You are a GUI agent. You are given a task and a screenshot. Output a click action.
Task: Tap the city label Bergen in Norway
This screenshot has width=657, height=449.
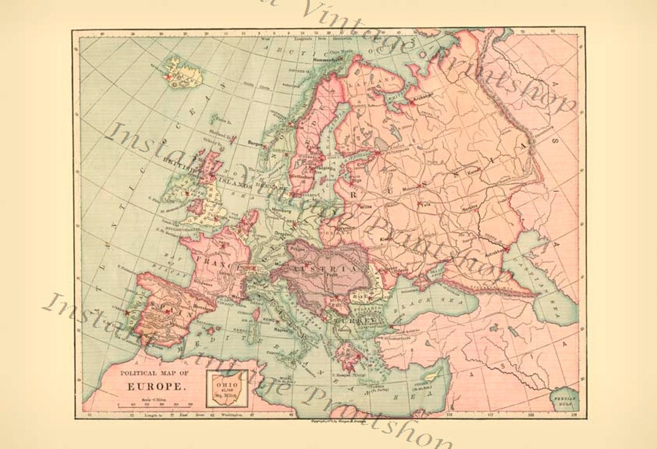256,143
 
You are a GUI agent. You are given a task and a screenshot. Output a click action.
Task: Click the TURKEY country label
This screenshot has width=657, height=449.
363,319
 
